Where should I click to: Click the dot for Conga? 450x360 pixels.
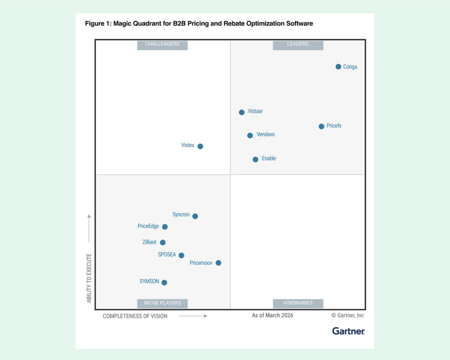point(338,66)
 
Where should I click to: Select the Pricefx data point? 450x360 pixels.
point(321,126)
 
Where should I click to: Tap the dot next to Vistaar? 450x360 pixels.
point(242,112)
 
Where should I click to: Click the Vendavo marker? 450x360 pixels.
point(250,135)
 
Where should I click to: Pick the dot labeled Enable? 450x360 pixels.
point(255,159)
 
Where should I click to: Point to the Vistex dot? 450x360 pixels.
point(200,146)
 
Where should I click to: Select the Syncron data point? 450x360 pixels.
point(195,216)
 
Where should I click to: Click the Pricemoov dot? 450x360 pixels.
point(218,263)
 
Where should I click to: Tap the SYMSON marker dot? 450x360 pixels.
point(164,283)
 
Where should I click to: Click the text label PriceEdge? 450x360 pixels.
point(148,226)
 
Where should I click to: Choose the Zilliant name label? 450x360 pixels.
point(150,242)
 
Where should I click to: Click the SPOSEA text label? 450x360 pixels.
point(167,254)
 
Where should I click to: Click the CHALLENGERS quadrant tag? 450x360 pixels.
point(162,44)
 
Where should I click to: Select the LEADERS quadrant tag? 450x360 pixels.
point(298,44)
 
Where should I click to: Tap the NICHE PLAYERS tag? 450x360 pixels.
point(162,303)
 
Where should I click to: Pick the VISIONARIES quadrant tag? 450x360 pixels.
point(298,303)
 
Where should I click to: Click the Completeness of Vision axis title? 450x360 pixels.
point(135,316)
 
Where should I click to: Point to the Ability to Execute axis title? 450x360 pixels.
point(89,278)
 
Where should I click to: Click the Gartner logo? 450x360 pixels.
point(348,331)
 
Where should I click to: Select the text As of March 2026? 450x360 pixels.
point(272,315)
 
